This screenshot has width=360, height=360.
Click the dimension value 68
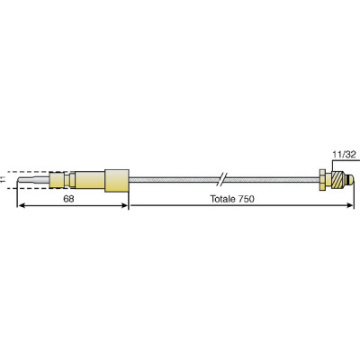click(x=68, y=199)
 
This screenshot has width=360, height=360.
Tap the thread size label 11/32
click(x=339, y=155)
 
